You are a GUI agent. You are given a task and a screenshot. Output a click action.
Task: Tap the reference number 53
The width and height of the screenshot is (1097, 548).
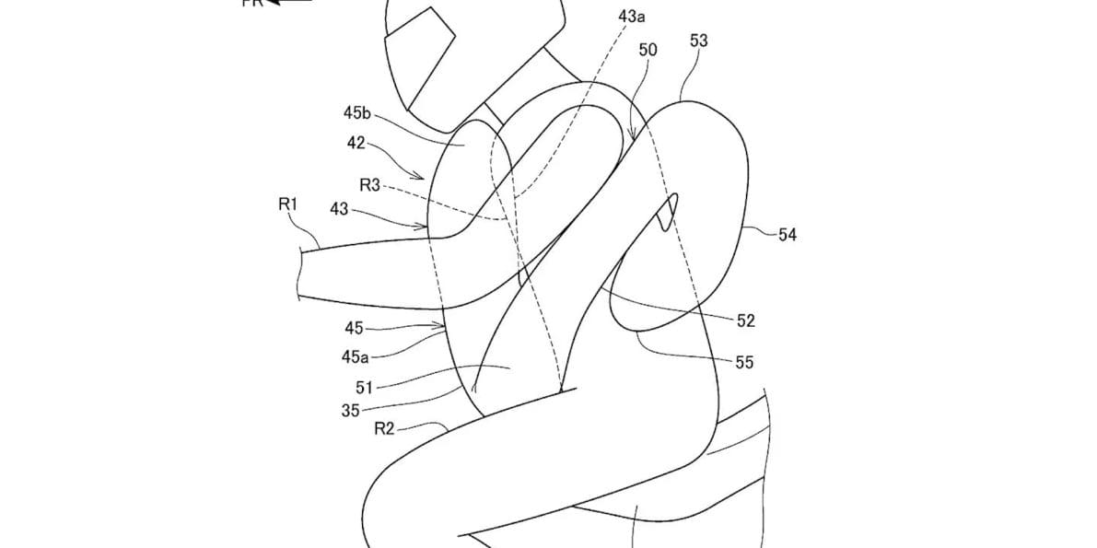click(698, 41)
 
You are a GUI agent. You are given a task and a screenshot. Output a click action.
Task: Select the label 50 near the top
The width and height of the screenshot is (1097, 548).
click(648, 50)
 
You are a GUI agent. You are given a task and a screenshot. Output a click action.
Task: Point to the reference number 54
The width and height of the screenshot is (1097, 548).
click(787, 235)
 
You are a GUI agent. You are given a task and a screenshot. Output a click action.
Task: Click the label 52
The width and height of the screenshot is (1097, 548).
click(745, 321)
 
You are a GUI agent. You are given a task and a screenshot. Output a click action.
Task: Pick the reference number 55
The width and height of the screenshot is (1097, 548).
click(744, 363)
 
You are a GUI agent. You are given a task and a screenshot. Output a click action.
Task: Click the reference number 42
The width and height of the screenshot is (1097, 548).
click(356, 143)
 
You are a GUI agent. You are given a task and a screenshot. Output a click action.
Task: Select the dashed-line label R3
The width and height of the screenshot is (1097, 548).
click(369, 185)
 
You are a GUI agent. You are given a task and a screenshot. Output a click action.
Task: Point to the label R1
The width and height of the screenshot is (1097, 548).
click(288, 204)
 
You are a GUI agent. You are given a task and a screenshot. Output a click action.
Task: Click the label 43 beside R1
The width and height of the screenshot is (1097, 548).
click(339, 209)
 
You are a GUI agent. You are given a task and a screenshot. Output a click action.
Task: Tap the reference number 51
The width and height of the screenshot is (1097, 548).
click(361, 387)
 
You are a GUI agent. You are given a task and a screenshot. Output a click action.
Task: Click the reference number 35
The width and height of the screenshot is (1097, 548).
click(350, 411)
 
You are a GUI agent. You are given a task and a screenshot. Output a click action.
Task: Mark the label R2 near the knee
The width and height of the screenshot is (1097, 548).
click(384, 428)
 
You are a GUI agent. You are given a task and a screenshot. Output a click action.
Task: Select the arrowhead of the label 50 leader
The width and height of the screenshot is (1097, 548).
click(632, 139)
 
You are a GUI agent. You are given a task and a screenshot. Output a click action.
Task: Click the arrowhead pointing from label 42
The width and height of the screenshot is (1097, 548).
click(421, 177)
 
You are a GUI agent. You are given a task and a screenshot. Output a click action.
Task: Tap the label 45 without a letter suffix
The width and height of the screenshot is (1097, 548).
click(354, 327)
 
